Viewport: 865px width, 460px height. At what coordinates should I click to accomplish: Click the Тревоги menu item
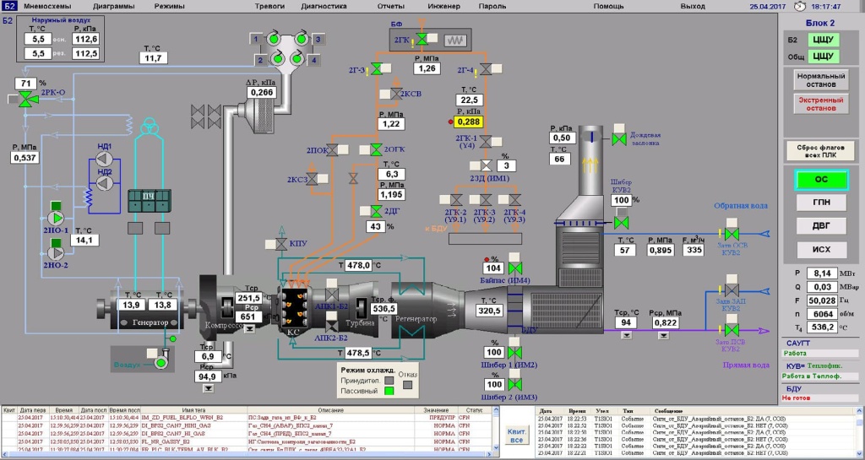tap(269, 6)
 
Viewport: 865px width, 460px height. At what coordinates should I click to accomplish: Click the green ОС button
tap(821, 180)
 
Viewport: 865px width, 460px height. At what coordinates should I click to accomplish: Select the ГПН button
tap(821, 203)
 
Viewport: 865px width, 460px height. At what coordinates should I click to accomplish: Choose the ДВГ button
tap(821, 225)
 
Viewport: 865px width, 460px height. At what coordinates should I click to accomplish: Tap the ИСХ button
tap(821, 249)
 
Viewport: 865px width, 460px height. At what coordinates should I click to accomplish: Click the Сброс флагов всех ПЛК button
tap(821, 150)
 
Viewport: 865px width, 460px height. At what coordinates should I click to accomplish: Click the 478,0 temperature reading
tap(360, 265)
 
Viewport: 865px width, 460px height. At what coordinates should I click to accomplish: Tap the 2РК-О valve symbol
tap(29, 100)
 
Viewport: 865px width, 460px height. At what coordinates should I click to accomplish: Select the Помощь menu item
tap(608, 6)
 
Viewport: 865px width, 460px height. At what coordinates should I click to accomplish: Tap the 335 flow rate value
tap(694, 250)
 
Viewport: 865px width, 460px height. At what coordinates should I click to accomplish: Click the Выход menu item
tap(693, 6)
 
